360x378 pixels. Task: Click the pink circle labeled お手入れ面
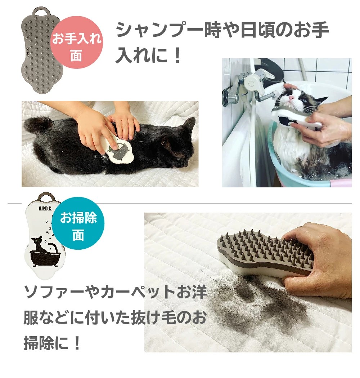[77, 43]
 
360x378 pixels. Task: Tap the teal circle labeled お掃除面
[78, 223]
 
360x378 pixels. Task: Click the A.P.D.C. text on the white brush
[45, 209]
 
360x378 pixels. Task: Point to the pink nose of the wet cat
[291, 98]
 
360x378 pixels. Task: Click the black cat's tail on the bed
[36, 125]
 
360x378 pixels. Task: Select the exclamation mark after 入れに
[177, 55]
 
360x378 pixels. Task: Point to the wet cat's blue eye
[305, 100]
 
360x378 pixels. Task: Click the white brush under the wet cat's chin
[296, 118]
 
